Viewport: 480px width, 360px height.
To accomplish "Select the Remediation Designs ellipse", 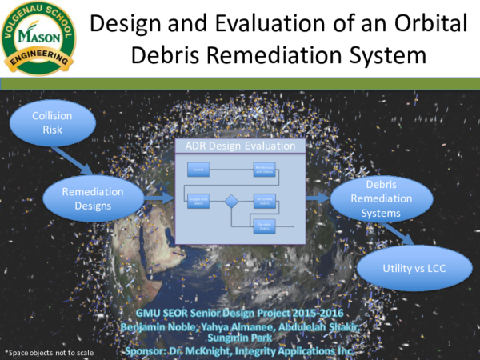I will [x=93, y=198].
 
